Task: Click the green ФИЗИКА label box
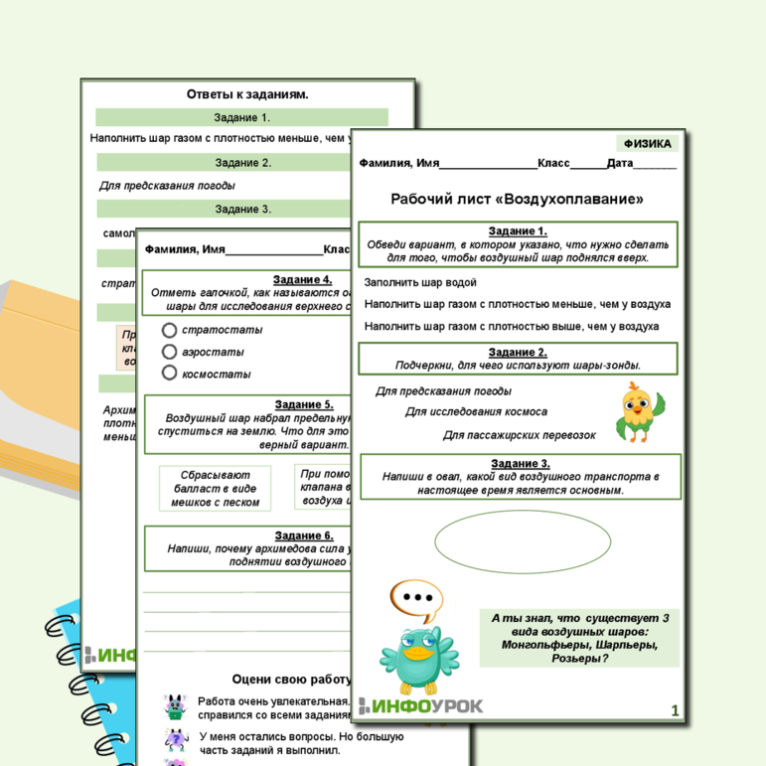pos(648,144)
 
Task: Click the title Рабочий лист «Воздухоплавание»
pos(517,199)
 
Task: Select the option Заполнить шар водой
pos(420,282)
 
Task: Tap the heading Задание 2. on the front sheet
pos(517,352)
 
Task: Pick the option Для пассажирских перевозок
pos(519,435)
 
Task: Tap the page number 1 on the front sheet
pos(675,710)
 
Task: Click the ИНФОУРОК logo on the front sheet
pos(421,706)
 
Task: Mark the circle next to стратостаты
pos(169,330)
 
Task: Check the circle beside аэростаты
pos(169,352)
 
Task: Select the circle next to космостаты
pos(169,374)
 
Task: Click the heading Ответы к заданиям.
pos(247,94)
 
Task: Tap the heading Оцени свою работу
pos(291,680)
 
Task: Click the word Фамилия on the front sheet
pos(383,164)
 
